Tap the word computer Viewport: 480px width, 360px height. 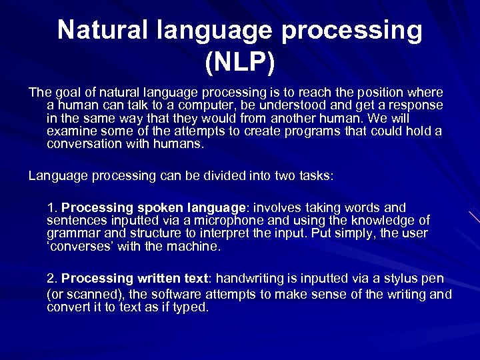coord(179,105)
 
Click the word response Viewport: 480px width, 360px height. coord(417,105)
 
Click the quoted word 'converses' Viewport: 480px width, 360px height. coord(76,246)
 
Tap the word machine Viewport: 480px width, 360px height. coord(195,246)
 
